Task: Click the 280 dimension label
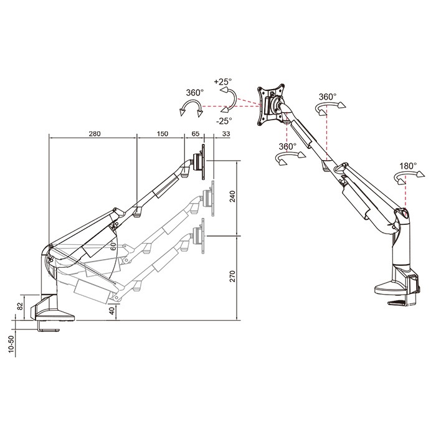tap(95, 134)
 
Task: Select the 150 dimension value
tap(163, 134)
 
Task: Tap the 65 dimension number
tap(196, 134)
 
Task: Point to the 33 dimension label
tap(226, 134)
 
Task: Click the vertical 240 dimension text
tap(232, 196)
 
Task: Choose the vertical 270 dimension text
tap(232, 276)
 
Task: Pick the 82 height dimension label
tap(20, 306)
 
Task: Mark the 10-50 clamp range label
tap(11, 344)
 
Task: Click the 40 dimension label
tap(111, 311)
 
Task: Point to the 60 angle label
tap(113, 247)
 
